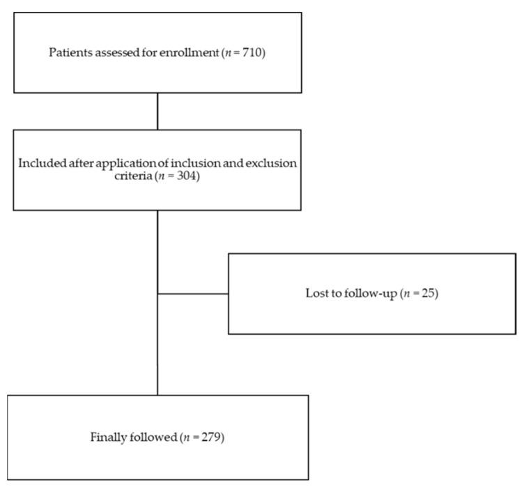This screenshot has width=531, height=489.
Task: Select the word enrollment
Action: [187, 52]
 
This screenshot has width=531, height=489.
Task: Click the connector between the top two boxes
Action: [157, 111]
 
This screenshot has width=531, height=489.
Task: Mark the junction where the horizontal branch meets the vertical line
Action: [157, 294]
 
